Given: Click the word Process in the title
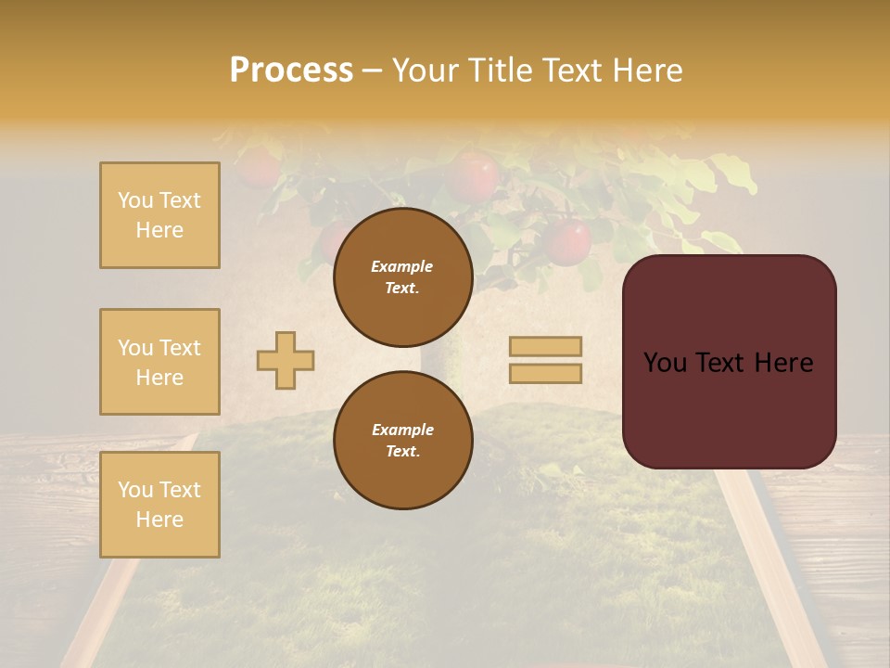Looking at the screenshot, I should (291, 71).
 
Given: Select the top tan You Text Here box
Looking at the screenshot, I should (159, 215).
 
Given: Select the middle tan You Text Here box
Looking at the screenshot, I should (159, 362).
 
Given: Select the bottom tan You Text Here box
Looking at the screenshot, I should (159, 504).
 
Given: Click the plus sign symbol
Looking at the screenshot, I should (286, 360).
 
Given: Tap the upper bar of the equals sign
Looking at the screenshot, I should (545, 346).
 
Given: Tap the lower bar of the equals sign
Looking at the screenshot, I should (545, 373).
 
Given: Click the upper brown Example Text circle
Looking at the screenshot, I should (402, 277).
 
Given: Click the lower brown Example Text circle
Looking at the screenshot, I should (402, 440).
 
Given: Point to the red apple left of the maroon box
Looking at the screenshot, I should (567, 241).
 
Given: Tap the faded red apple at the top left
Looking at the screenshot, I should (258, 167).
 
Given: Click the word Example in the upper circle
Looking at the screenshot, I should (401, 266).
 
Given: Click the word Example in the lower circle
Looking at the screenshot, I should (402, 430).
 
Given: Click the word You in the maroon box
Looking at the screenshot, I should (665, 363).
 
